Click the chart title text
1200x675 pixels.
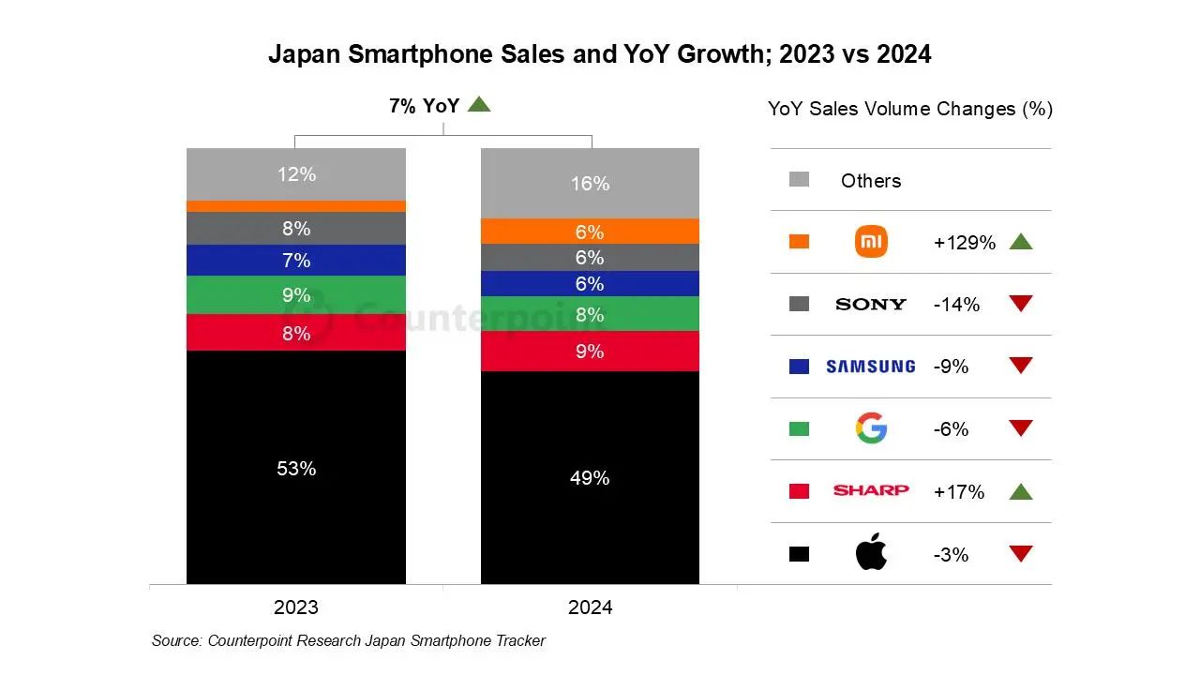point(599,53)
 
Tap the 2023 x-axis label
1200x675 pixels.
point(295,607)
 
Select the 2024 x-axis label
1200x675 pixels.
point(590,607)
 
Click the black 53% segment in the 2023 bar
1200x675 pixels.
point(295,467)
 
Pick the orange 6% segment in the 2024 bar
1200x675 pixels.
point(590,232)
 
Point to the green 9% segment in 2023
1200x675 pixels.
point(295,294)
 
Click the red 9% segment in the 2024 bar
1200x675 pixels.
point(590,352)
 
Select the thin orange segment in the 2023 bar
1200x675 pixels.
point(295,206)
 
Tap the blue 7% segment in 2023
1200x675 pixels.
point(295,260)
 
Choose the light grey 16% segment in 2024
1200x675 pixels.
point(590,183)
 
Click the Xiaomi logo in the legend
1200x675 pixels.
point(871,242)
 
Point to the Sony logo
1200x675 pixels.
point(871,304)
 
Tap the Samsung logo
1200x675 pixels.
point(870,367)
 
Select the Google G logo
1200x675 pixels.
point(871,428)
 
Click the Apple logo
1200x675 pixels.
point(871,553)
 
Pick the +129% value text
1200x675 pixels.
point(964,243)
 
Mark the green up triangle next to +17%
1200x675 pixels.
point(1020,491)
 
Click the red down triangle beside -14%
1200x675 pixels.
point(1020,304)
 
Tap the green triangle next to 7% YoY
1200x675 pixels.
point(479,105)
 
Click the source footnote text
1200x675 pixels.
point(348,641)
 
